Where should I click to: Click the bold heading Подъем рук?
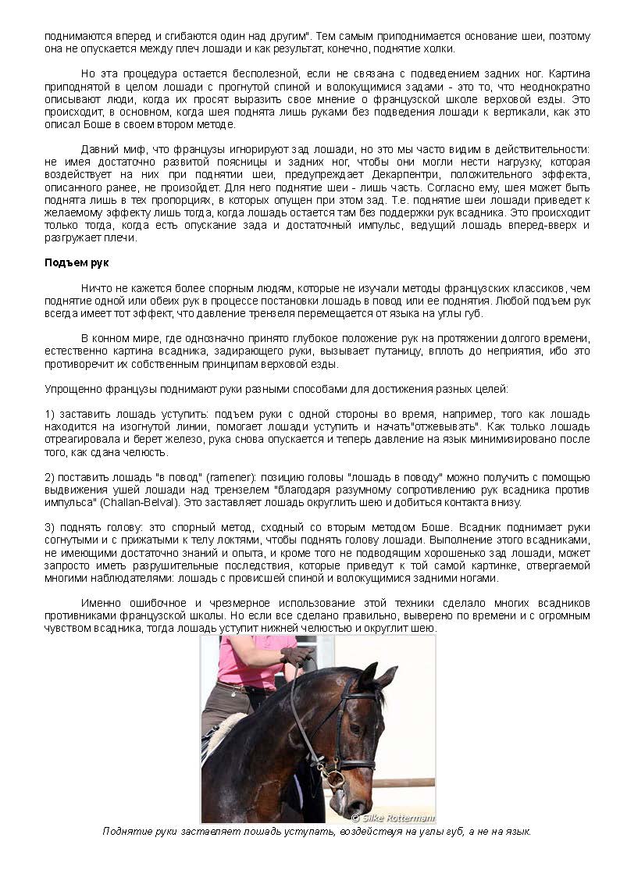click(x=69, y=262)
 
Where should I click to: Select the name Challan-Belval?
click(x=150, y=502)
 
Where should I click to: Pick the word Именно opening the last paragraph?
click(x=100, y=604)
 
